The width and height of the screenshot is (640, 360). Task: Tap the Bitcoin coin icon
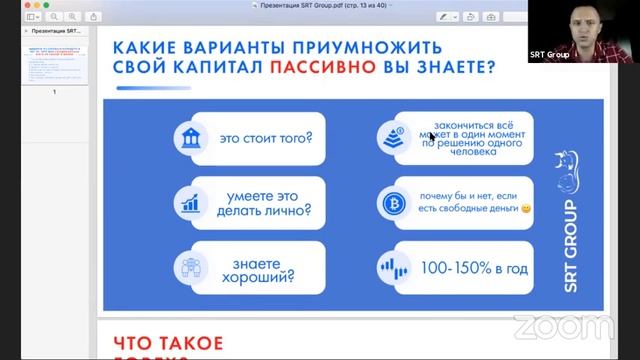pos(390,203)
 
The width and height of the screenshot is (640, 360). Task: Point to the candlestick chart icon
pos(390,268)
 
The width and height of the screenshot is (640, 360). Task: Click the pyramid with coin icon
pos(390,136)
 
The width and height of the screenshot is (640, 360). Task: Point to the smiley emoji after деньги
pos(526,210)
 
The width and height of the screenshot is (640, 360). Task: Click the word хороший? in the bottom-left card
pos(265,277)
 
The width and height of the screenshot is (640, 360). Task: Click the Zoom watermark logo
pos(563,328)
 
